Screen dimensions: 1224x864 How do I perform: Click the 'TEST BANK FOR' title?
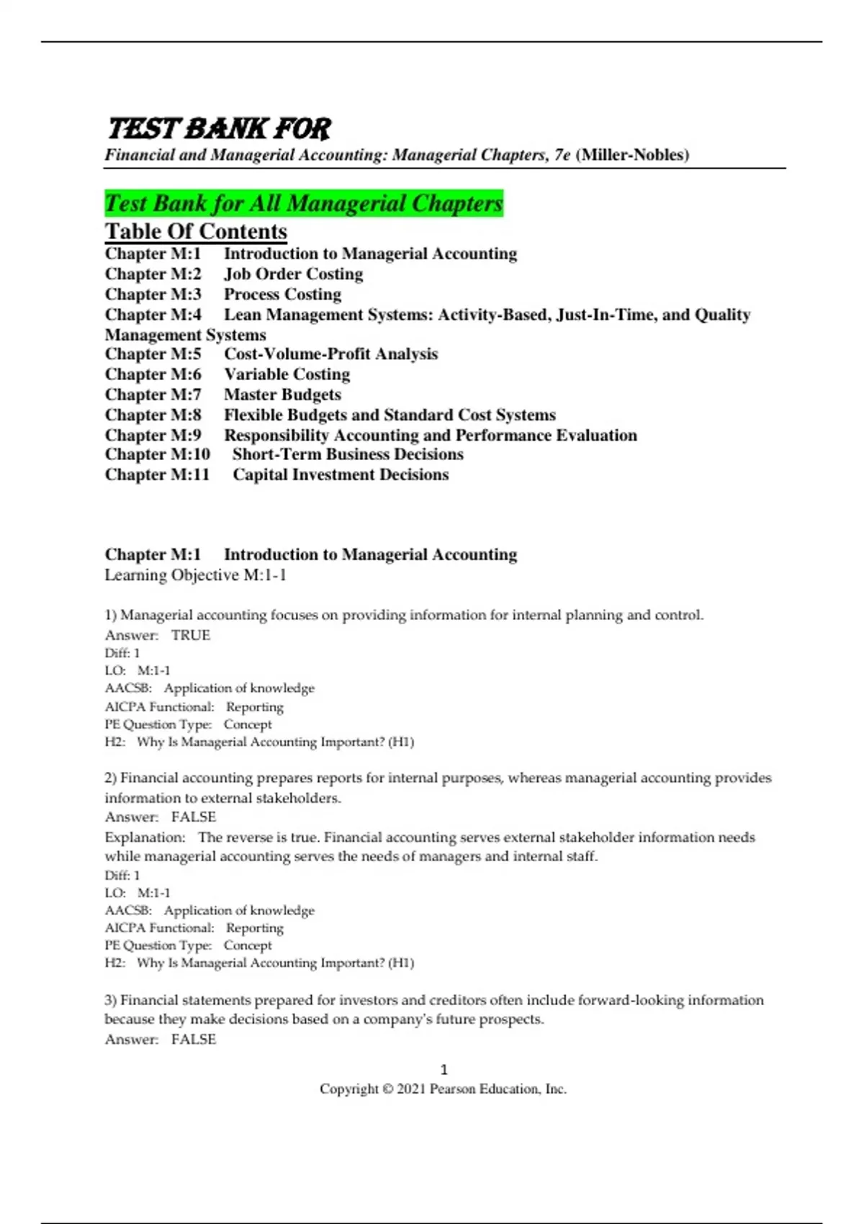[x=219, y=129]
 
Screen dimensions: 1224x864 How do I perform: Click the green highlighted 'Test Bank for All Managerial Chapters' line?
[x=304, y=204]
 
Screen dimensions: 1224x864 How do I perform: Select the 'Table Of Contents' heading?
[x=196, y=231]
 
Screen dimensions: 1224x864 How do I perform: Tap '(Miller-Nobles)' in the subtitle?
[x=632, y=155]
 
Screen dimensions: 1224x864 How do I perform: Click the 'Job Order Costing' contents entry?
[x=293, y=274]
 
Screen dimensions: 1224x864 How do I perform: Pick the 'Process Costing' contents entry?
[x=282, y=294]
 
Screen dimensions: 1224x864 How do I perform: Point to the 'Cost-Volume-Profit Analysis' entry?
[x=330, y=354]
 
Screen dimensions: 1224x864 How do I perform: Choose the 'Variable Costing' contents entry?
[x=287, y=374]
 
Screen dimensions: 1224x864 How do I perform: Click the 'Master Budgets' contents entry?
[x=282, y=395]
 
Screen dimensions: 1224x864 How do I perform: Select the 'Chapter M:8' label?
[x=153, y=415]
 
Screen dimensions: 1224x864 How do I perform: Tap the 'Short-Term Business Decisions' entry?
[x=348, y=454]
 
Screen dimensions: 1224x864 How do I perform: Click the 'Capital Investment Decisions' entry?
[x=341, y=474]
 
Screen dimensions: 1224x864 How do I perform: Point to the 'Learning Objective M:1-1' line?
[x=196, y=575]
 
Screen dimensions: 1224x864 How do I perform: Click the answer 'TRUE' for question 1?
[x=191, y=635]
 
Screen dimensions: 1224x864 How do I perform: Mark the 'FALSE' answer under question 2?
[x=194, y=817]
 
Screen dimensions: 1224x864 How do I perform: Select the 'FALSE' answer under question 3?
[x=194, y=1040]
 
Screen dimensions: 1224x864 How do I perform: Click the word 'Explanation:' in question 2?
[x=145, y=837]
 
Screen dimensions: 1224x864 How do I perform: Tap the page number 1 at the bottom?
[x=444, y=1070]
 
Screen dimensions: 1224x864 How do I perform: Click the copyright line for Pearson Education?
[x=443, y=1089]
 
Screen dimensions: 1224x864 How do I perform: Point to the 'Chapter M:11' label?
[x=157, y=474]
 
